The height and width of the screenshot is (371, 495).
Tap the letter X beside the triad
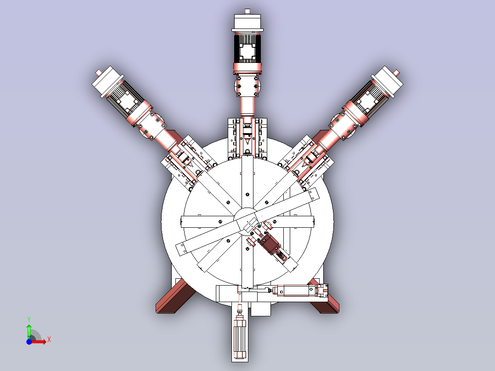[x=49, y=340]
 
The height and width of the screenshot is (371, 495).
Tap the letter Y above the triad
[x=29, y=319]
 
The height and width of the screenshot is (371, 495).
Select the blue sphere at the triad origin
[x=29, y=342]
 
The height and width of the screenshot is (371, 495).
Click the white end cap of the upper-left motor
[x=107, y=81]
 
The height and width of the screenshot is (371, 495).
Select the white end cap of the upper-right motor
[x=388, y=81]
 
